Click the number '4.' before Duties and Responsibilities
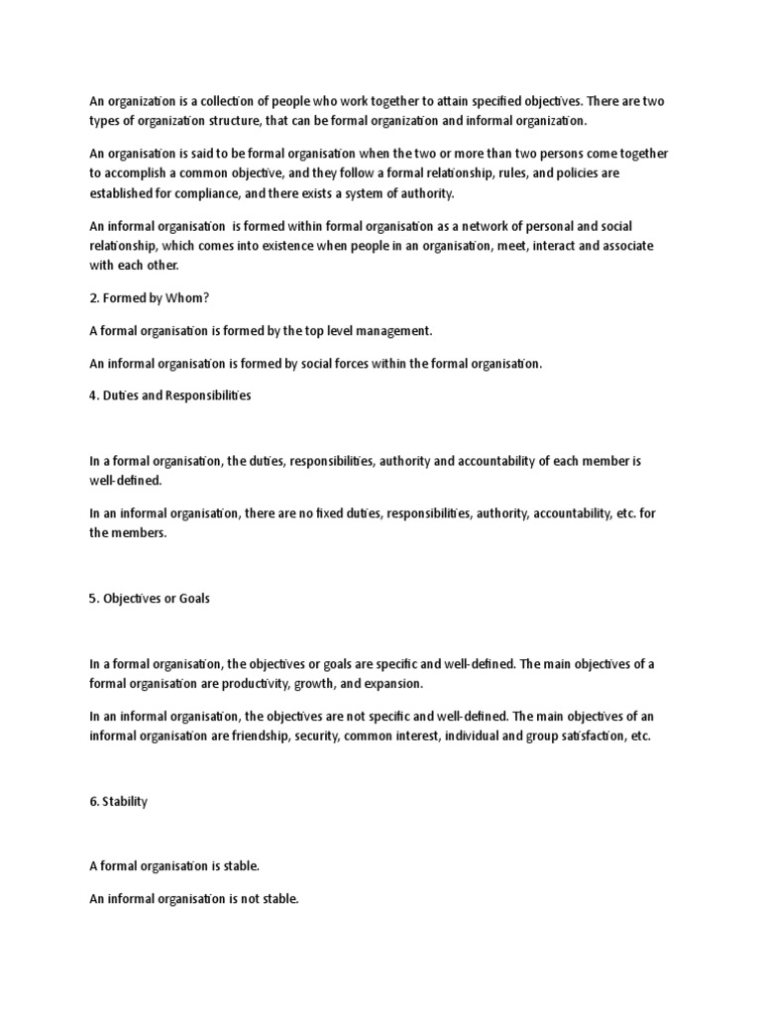(x=96, y=395)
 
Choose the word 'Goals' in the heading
(x=190, y=600)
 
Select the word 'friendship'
(x=256, y=737)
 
